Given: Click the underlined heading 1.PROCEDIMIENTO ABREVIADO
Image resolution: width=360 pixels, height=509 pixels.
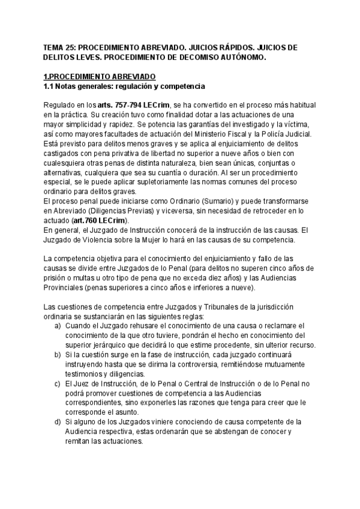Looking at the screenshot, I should tap(100, 76).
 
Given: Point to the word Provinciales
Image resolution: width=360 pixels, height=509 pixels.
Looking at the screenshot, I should tap(67, 289).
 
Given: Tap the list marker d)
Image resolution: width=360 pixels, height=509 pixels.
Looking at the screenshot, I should tap(58, 423).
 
